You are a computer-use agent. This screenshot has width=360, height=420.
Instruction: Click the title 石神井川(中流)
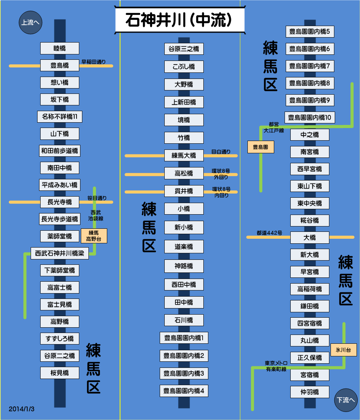tap(180, 20)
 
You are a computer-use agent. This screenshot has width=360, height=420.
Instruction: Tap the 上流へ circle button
tap(30, 22)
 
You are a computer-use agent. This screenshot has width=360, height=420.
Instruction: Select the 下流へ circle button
tap(346, 400)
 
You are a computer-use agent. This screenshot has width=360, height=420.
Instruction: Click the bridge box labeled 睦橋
tap(60, 48)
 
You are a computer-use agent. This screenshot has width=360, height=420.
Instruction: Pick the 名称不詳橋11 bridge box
tap(60, 116)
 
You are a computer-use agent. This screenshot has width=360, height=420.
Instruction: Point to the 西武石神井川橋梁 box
tap(60, 253)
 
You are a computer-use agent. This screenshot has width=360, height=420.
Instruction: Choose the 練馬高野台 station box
tap(94, 236)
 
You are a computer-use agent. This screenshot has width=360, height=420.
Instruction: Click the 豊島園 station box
tap(260, 147)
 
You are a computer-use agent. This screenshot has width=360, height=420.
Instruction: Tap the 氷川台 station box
tap(344, 349)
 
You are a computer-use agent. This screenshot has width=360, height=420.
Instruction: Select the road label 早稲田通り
tap(93, 62)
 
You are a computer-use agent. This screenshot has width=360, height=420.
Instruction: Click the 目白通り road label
tap(221, 152)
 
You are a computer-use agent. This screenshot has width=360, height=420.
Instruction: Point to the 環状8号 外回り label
tap(221, 174)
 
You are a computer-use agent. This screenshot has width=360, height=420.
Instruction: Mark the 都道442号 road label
tap(270, 233)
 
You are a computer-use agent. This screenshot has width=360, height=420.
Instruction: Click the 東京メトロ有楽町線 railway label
tap(276, 366)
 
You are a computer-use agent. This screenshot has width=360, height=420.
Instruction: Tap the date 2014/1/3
tap(21, 409)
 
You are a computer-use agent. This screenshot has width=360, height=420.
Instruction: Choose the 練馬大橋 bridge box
tap(184, 156)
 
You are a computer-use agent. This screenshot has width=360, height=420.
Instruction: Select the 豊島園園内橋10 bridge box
tap(309, 118)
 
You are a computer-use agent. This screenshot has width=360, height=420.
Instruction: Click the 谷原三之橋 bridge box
tap(184, 49)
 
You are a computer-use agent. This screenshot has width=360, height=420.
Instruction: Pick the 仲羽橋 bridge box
tap(309, 392)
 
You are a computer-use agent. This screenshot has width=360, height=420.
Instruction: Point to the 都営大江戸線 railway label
tap(273, 127)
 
